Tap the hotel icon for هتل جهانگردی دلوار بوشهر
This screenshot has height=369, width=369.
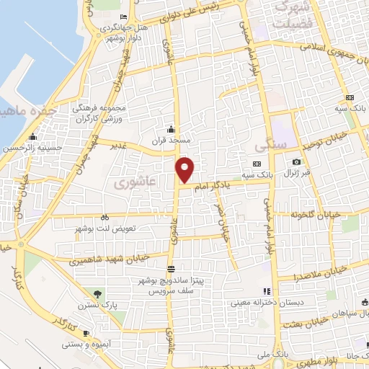pos(124,17)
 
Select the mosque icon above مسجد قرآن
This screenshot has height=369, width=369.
pos(171,128)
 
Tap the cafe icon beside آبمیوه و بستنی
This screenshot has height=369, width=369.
pos(86,334)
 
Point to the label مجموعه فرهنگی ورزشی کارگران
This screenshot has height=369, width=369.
pos(99,112)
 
